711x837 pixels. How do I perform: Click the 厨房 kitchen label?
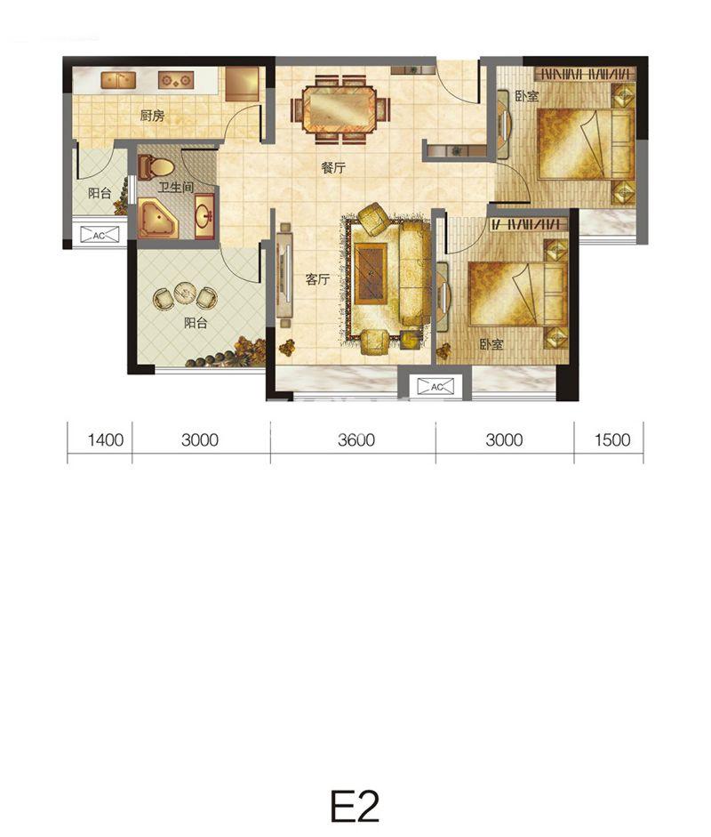click(152, 116)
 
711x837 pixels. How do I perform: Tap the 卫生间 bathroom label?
click(175, 188)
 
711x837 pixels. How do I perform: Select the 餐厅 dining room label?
click(333, 167)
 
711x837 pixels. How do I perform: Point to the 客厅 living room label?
click(318, 279)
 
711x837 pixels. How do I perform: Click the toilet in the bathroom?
click(156, 167)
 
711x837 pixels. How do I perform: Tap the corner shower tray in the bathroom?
click(158, 218)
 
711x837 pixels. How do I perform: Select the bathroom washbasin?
click(204, 216)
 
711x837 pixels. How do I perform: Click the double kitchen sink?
click(118, 81)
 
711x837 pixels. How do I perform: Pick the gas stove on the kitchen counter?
click(175, 81)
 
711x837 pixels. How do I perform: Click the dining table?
click(340, 109)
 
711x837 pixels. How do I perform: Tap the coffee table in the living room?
click(371, 273)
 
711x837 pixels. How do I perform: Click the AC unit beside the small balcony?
click(100, 235)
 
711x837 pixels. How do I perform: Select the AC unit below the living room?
click(435, 386)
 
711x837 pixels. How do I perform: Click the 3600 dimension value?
click(356, 440)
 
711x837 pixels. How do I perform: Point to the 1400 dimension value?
click(106, 440)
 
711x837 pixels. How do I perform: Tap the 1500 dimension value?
click(612, 440)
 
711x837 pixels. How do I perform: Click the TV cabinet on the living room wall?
click(284, 275)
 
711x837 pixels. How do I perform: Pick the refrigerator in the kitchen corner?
click(242, 84)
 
